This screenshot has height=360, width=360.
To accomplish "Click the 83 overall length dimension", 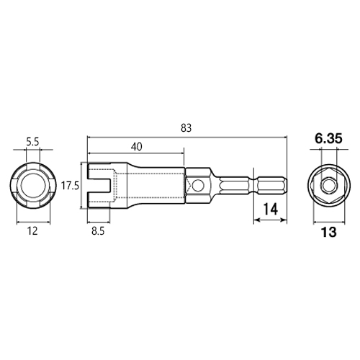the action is pos(186,128).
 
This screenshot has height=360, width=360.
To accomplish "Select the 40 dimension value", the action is pos(136,147).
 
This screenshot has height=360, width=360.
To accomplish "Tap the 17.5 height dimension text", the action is pos(70,186).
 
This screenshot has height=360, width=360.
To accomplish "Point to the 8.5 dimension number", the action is pos(98,231).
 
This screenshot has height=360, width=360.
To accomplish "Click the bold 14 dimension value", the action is pos(271,209).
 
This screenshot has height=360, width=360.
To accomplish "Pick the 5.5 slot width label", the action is pos(32,143).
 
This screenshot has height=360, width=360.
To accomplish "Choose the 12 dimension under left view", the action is pos(32,231).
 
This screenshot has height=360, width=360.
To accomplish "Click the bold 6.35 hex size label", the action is pos(328,139).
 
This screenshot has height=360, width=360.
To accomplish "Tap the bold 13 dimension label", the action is pos(329,232).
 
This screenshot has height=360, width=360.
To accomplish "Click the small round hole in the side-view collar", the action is pos(199,186).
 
